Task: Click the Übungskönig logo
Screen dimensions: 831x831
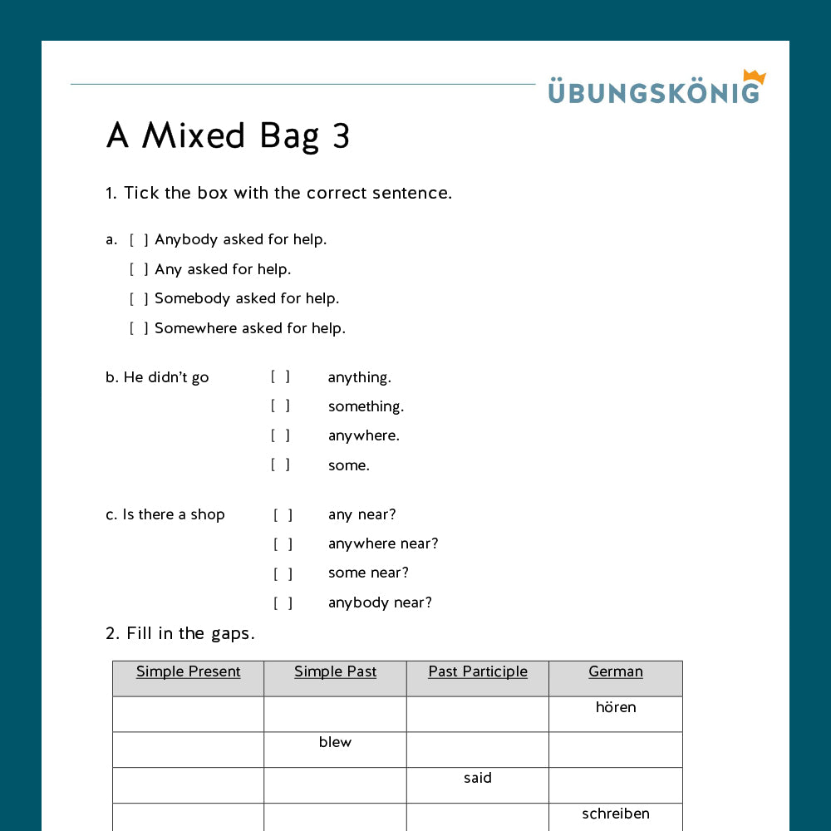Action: click(x=654, y=90)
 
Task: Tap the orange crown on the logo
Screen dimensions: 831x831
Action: click(x=754, y=76)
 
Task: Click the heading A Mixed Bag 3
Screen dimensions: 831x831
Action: click(x=228, y=136)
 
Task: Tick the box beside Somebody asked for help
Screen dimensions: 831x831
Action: click(x=139, y=299)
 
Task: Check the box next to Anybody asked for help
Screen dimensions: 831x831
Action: click(x=139, y=240)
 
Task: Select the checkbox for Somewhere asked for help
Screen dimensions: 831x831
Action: click(x=139, y=328)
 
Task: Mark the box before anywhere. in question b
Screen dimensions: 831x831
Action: click(x=280, y=435)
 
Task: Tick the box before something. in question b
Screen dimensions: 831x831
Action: click(x=280, y=406)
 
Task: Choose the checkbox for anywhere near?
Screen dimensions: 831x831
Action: click(x=283, y=544)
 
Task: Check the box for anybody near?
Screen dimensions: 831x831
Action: click(x=283, y=603)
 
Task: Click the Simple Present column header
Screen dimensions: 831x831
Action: click(x=189, y=671)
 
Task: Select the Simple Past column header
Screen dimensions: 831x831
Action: click(x=335, y=671)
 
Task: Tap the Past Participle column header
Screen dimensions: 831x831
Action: click(x=478, y=671)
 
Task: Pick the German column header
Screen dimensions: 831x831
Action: click(x=616, y=671)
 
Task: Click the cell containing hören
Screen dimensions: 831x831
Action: click(x=616, y=708)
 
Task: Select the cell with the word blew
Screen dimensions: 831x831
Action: click(x=335, y=743)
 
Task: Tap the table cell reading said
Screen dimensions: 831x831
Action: click(x=478, y=779)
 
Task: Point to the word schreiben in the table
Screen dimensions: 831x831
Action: click(x=616, y=814)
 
